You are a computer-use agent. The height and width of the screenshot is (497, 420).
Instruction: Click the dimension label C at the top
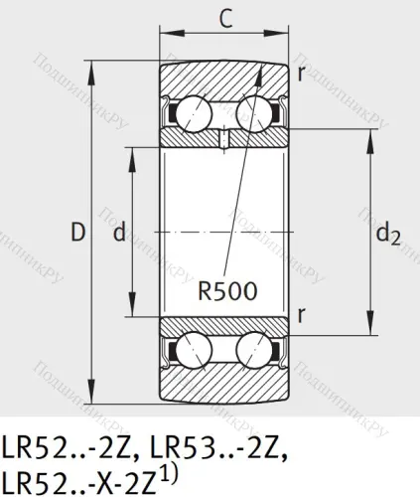pos(225,19)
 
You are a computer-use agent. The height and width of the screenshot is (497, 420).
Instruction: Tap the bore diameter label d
pos(119,234)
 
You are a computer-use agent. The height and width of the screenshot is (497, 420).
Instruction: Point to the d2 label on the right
pos(390,237)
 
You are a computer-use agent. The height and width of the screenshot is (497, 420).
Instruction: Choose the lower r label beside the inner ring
pos(300,314)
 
